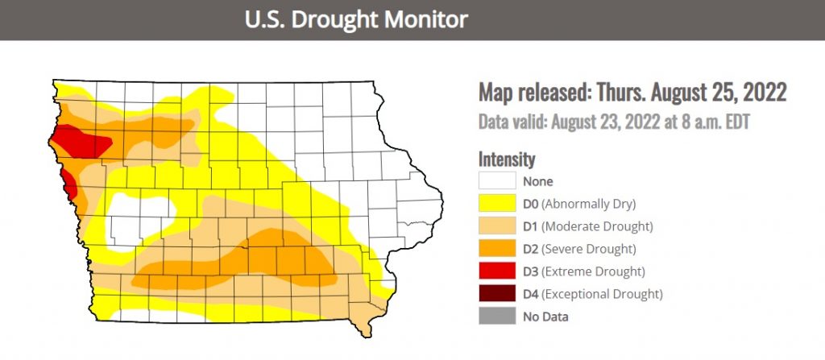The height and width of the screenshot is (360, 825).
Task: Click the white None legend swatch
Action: tap(496, 180)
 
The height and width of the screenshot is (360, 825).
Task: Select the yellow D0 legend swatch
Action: tap(496, 203)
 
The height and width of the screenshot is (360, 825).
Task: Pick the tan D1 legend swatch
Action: tap(496, 226)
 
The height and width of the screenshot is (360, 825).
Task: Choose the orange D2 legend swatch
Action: tap(496, 248)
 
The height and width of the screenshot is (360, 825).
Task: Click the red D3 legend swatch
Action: tap(496, 271)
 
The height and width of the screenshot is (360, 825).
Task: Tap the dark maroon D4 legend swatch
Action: tap(496, 293)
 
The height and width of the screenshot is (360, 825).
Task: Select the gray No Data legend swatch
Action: tap(496, 316)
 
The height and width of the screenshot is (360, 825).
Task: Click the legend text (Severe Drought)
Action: tap(590, 248)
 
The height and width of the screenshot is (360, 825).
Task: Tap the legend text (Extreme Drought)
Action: tap(594, 271)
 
